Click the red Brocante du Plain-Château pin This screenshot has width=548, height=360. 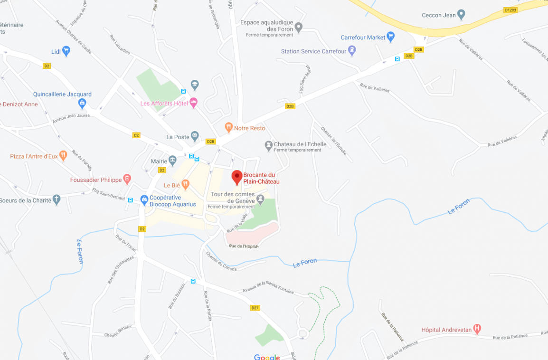point(236,177)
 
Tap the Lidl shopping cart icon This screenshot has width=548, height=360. point(66,51)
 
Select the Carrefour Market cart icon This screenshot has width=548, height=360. point(390,37)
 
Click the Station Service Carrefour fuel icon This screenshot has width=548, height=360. point(352,50)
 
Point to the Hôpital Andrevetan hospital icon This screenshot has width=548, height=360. point(477,329)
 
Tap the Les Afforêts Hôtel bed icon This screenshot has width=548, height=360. point(193,103)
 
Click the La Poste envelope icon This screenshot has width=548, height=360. point(195,136)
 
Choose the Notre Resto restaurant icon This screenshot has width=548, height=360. point(228,127)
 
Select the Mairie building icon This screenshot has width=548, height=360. point(172,161)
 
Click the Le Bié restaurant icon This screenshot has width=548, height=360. point(185,184)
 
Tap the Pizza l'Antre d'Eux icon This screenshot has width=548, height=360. point(63,155)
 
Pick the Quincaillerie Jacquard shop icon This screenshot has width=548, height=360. point(82,103)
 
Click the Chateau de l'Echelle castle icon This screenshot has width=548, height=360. point(268,144)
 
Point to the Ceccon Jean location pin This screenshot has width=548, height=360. point(461,15)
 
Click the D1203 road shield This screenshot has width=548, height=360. point(510,9)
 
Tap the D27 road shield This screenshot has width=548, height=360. point(255,308)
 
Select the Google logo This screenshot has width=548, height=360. point(266,357)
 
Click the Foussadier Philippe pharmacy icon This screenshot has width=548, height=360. point(127,179)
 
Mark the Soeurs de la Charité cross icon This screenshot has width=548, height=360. point(57,199)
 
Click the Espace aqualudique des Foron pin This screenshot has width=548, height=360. point(298,27)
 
